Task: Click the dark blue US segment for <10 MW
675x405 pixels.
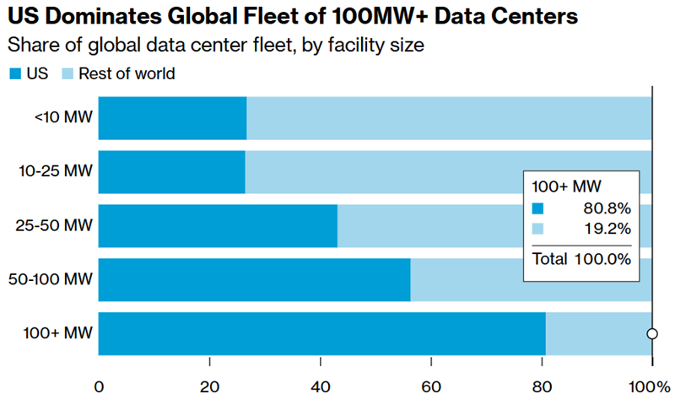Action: click(172, 118)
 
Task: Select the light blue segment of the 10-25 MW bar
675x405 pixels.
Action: click(380, 172)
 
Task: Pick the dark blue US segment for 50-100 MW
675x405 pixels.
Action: click(254, 280)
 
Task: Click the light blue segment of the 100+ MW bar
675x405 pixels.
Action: click(597, 334)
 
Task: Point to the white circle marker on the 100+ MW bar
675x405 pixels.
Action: click(652, 334)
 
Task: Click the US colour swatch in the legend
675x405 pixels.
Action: click(14, 74)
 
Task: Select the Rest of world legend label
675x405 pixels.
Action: click(127, 74)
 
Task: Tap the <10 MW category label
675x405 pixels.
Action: click(63, 118)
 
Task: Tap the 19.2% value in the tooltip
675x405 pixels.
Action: click(606, 229)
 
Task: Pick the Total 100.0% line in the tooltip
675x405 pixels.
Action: click(581, 259)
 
